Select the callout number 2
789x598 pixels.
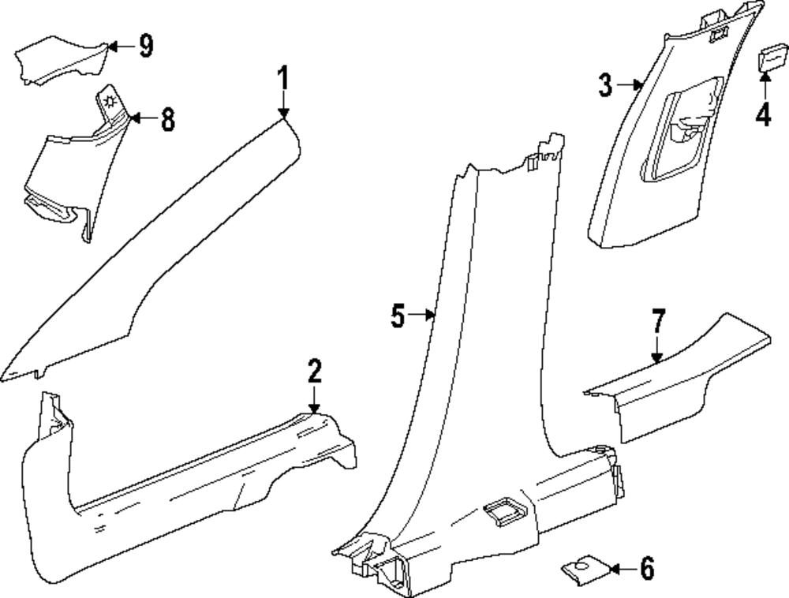coord(314,370)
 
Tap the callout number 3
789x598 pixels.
coord(605,84)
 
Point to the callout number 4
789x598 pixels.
coord(762,115)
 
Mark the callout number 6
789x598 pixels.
coord(647,568)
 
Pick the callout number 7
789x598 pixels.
coord(658,323)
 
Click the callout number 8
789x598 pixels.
coord(166,120)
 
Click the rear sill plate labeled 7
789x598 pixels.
coord(679,379)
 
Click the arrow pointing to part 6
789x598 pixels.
coord(623,568)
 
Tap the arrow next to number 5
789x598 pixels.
coord(424,316)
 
